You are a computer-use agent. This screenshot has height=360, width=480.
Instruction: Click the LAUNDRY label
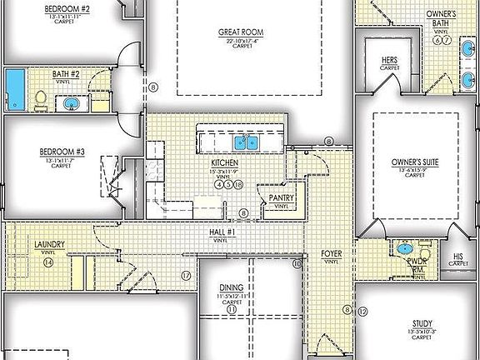click(x=49, y=245)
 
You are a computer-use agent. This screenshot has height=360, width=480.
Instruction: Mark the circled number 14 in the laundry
click(x=48, y=262)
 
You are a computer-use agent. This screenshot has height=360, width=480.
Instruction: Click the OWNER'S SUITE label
click(x=414, y=162)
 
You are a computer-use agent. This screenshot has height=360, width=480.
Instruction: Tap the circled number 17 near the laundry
click(x=186, y=274)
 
